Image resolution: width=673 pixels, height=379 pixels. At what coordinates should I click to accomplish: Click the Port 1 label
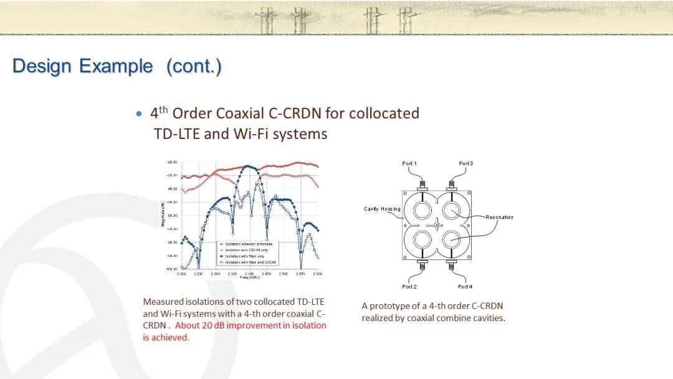pos(409,163)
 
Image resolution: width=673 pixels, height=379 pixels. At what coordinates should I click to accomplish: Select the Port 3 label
pos(465,163)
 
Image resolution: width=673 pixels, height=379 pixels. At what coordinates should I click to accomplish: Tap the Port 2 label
pos(409,287)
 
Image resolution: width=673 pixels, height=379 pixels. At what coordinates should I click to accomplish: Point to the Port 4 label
pos(465,287)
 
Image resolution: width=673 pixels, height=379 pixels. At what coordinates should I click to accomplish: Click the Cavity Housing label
pos(382,209)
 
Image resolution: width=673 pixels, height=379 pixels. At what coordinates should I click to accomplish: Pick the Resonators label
pos(500,218)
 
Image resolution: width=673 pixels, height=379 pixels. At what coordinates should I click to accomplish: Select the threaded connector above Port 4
pos(451,266)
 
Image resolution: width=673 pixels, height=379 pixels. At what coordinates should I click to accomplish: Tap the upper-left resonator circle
pos(422,211)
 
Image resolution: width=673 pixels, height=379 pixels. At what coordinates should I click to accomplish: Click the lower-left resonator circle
pos(422,240)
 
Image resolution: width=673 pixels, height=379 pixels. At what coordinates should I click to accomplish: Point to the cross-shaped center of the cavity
pos(437,225)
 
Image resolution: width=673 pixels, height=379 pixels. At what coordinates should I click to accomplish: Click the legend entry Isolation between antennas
pos(249,244)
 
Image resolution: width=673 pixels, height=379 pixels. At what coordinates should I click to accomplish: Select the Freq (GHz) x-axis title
pos(249,277)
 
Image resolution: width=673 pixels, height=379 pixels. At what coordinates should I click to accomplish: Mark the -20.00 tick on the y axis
pos(172,162)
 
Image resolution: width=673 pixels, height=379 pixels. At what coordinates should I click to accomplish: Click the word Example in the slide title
pos(116,66)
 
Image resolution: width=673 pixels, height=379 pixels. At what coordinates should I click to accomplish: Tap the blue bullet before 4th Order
pos(139,113)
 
